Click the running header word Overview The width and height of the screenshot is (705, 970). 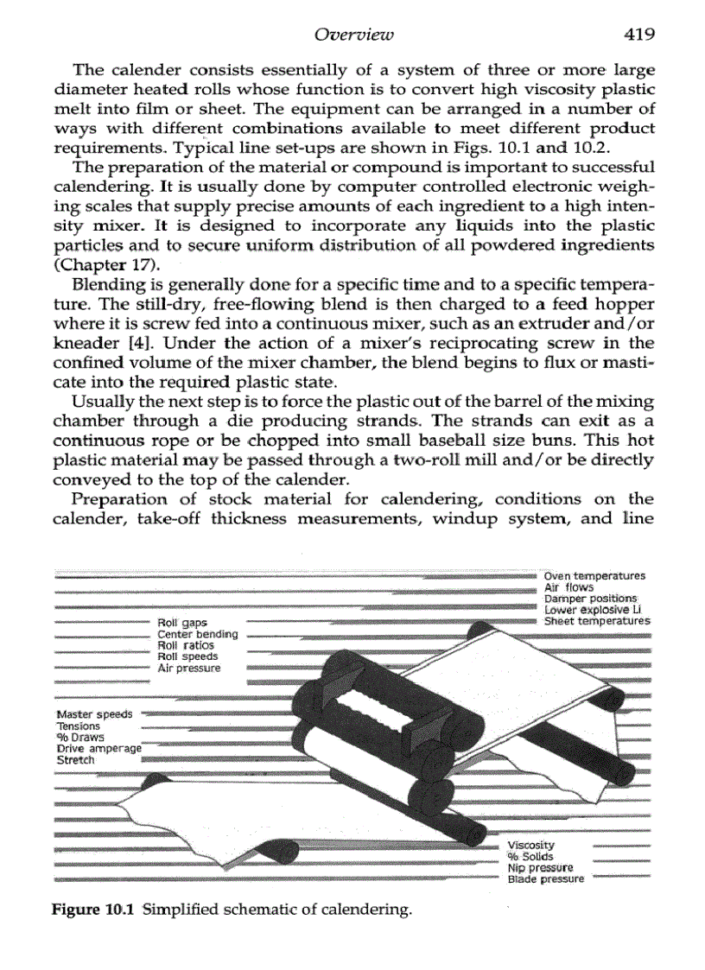pyautogui.click(x=354, y=35)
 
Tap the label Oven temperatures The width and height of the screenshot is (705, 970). pyautogui.click(x=594, y=576)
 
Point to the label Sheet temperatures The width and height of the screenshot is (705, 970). pyautogui.click(x=595, y=621)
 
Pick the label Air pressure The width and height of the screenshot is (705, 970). pyautogui.click(x=188, y=668)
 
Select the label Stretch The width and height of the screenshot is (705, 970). pyautogui.click(x=75, y=760)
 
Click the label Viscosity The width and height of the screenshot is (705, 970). pyautogui.click(x=530, y=845)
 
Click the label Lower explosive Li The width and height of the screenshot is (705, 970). pyautogui.click(x=589, y=610)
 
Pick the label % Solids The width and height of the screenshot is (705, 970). pyautogui.click(x=530, y=856)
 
